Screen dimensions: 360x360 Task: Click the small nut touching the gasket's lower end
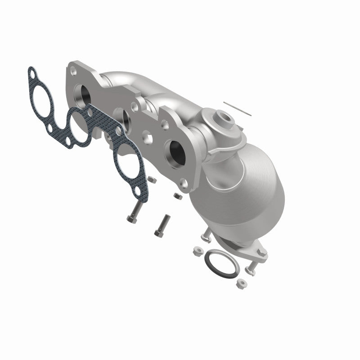(152, 180)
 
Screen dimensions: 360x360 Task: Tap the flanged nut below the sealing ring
(241, 283)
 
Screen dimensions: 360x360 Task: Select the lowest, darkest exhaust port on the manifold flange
(175, 153)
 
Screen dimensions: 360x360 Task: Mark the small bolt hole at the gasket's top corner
(33, 72)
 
